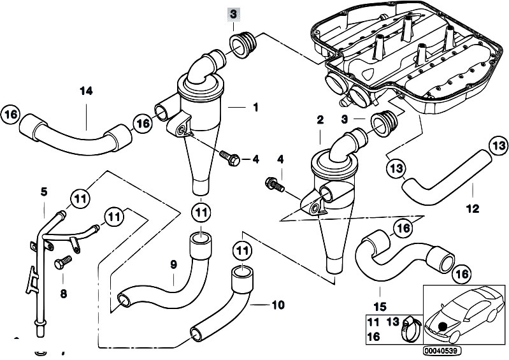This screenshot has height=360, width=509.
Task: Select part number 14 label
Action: coord(86,91)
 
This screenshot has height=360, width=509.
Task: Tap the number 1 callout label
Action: coord(255,108)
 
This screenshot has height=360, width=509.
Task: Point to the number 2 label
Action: coord(320,120)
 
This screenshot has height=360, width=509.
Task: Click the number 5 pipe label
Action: coord(44,191)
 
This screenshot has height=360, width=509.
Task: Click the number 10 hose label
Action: coord(277,305)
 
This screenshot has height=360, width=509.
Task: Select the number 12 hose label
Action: coord(472,208)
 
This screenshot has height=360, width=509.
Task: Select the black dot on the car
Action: coord(441,327)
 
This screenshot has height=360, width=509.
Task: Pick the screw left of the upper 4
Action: coord(229,157)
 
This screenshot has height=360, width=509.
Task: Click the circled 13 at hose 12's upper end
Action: coord(498,146)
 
